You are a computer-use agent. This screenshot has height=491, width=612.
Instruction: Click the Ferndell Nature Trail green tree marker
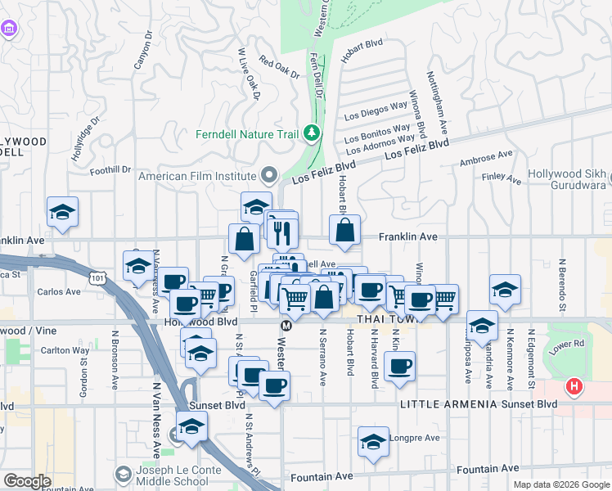tap(311, 133)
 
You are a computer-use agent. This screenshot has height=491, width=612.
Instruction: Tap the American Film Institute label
tap(199, 175)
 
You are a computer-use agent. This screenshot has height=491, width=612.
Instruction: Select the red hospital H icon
tap(575, 385)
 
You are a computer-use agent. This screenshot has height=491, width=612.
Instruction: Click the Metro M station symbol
tap(286, 326)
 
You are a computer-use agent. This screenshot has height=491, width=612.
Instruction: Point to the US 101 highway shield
tap(98, 279)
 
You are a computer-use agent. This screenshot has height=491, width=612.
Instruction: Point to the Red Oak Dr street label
tap(279, 67)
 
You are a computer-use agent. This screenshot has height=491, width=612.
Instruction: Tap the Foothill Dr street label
tap(110, 170)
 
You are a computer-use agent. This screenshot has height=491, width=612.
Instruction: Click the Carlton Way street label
tap(70, 350)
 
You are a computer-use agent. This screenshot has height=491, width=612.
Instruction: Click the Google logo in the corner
tap(27, 481)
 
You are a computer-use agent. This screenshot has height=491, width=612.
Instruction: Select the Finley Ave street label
tap(502, 178)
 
